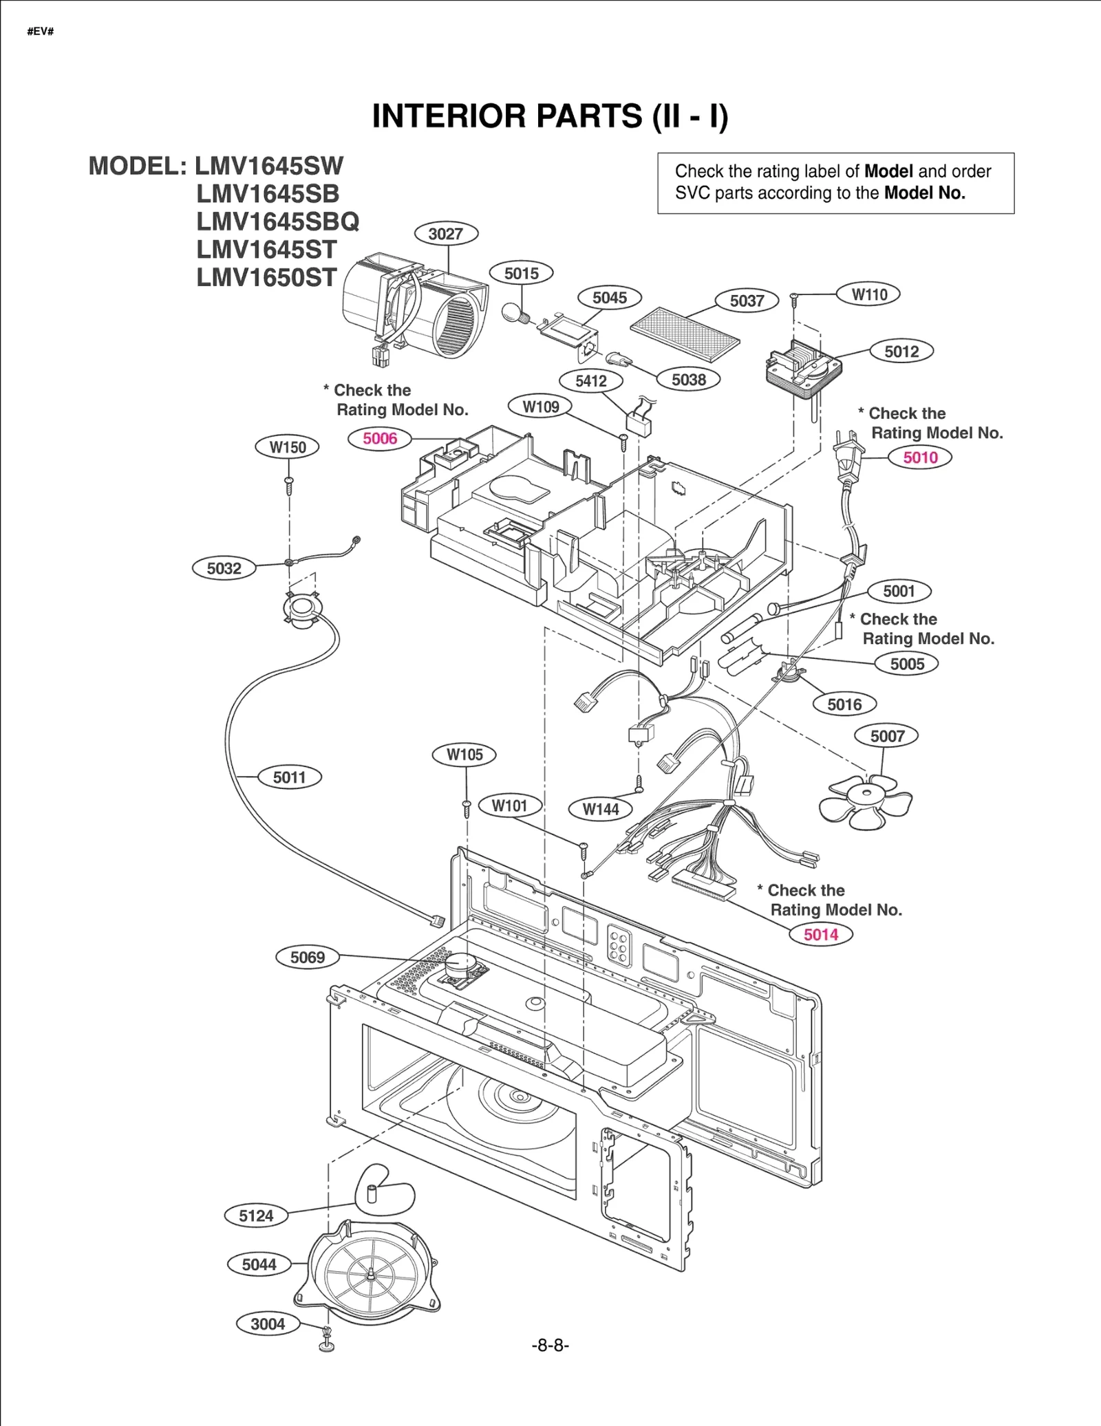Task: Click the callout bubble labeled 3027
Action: click(446, 234)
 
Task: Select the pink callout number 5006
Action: click(380, 438)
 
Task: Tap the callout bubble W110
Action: click(869, 294)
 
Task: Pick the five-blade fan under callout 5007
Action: click(866, 800)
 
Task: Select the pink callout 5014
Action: click(820, 934)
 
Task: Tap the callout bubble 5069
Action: click(307, 957)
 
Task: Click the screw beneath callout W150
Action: click(289, 486)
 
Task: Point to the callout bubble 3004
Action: click(268, 1324)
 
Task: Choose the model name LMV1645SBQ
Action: click(277, 222)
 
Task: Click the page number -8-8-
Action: click(550, 1345)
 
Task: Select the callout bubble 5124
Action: click(256, 1216)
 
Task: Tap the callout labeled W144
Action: click(600, 809)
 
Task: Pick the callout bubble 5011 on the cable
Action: click(289, 777)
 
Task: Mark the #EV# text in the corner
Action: click(41, 32)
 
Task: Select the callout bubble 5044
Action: click(259, 1264)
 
